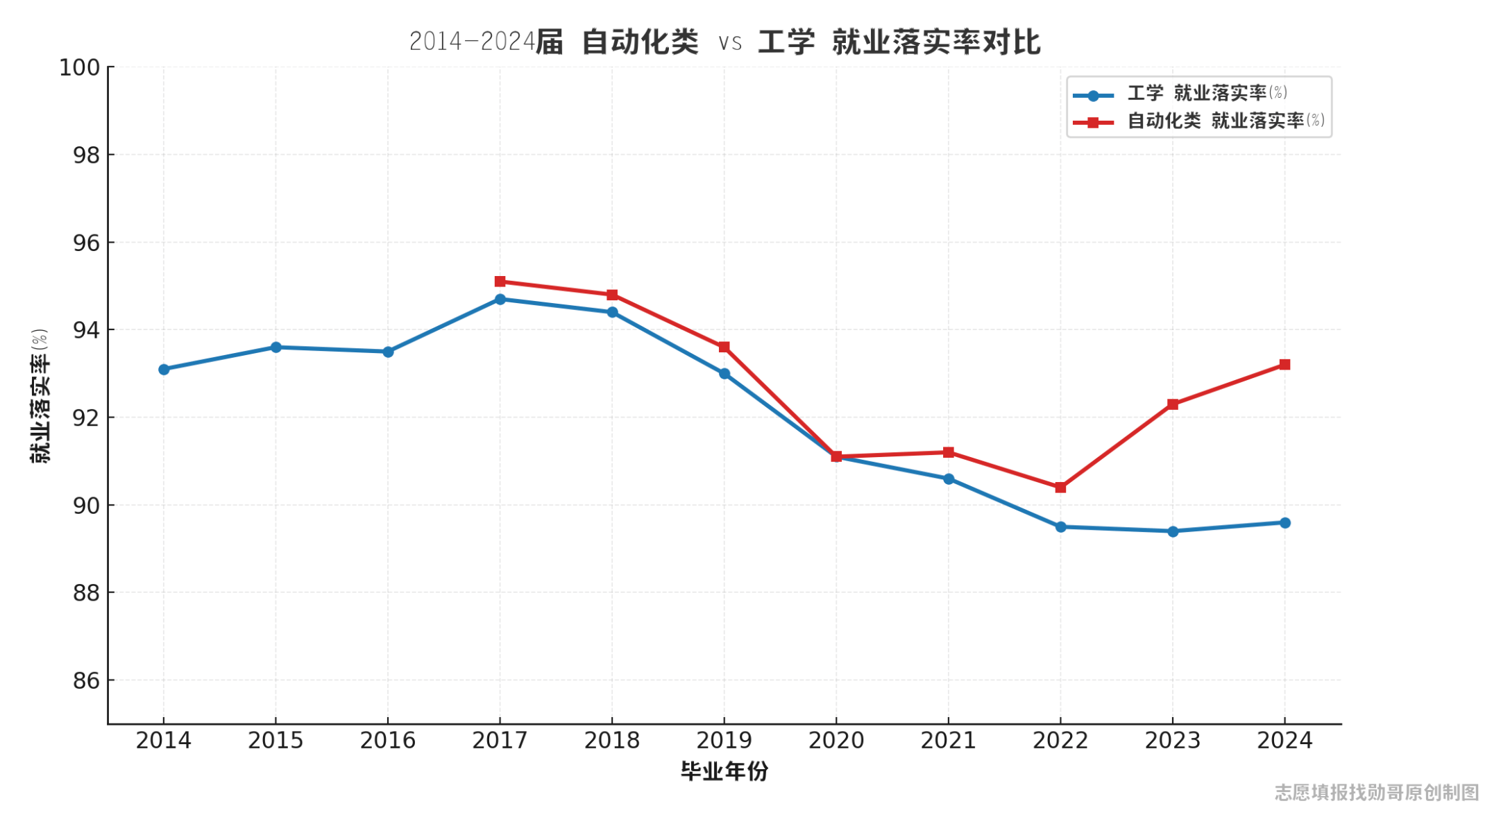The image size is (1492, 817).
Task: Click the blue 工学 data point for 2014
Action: pyautogui.click(x=164, y=370)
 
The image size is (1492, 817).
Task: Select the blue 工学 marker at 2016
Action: pyautogui.click(x=388, y=352)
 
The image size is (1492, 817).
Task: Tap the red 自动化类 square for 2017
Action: pyautogui.click(x=500, y=282)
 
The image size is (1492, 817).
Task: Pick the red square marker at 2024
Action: pyautogui.click(x=1285, y=365)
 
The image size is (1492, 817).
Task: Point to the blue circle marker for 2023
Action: pyautogui.click(x=1173, y=531)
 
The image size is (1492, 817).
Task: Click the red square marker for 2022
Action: pyautogui.click(x=1060, y=488)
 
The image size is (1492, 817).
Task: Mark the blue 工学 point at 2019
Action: pyautogui.click(x=724, y=374)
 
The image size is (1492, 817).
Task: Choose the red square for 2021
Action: pyautogui.click(x=949, y=452)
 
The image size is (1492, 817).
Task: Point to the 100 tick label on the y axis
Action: pyautogui.click(x=79, y=68)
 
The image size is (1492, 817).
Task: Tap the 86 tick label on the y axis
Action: pyautogui.click(x=86, y=681)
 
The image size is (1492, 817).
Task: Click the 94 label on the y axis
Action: pyautogui.click(x=86, y=331)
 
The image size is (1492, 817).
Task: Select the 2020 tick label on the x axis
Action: pyautogui.click(x=836, y=741)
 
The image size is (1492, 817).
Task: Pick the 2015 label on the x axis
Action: pyautogui.click(x=275, y=741)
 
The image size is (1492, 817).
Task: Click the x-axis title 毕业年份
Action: pyautogui.click(x=724, y=771)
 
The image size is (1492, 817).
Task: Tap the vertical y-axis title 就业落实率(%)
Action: pyautogui.click(x=40, y=396)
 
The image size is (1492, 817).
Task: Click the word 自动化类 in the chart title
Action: pyautogui.click(x=640, y=42)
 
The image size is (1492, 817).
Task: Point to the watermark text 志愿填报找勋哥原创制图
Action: pyautogui.click(x=1377, y=793)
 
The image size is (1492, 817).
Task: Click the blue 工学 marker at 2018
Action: pyautogui.click(x=612, y=312)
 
